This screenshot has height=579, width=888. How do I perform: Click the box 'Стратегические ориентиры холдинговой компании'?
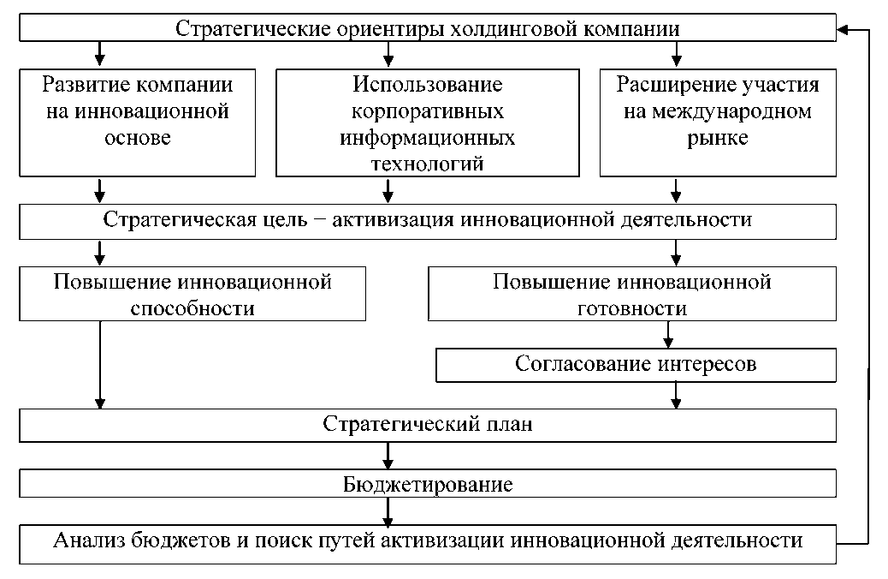428,28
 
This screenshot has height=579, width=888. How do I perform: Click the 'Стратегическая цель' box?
428,220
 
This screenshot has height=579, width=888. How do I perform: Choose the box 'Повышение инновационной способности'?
193,295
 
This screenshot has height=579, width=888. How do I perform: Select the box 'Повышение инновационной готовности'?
631,295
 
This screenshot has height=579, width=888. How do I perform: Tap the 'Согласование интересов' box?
636,364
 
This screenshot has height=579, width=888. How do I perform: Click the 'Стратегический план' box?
428,425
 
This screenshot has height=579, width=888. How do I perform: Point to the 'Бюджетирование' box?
428,485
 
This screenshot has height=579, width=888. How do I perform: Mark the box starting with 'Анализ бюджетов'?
428,543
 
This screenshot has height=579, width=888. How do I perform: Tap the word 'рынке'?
717,139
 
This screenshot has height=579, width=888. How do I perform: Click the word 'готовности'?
631,307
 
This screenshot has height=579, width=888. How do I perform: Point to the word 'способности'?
193,307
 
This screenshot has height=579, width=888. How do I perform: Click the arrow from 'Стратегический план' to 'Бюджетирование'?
389,454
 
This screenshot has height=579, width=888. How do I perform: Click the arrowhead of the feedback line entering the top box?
844,29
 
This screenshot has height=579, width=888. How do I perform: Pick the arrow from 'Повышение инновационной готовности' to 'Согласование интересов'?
670,332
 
